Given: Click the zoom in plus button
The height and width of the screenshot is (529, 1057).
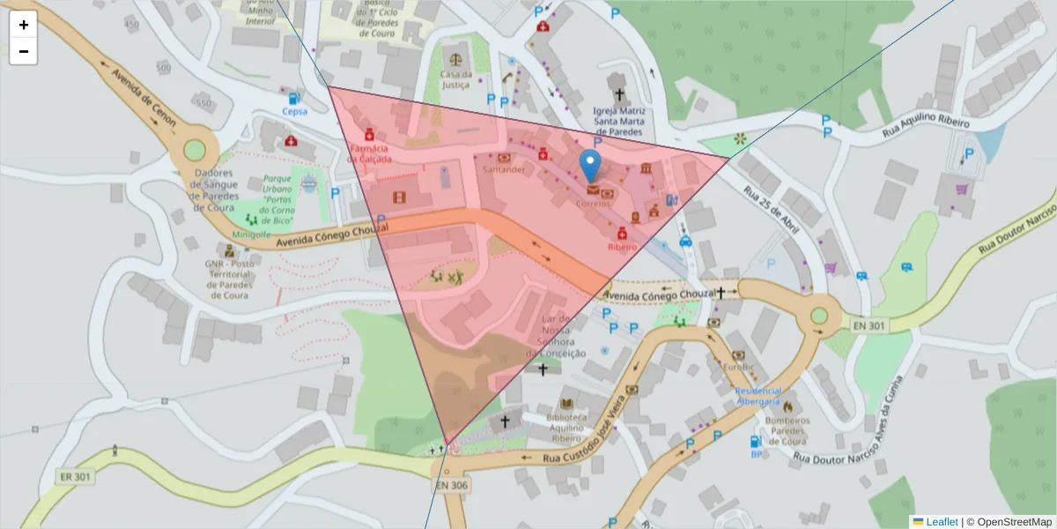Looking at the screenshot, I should [x=24, y=25].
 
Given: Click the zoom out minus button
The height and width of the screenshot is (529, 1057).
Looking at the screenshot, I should [x=24, y=51].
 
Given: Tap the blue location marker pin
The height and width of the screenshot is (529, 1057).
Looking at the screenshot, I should [x=591, y=165].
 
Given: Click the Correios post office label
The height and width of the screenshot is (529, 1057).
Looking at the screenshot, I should [x=592, y=203].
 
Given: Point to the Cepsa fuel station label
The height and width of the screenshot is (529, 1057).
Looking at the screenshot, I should [x=294, y=112].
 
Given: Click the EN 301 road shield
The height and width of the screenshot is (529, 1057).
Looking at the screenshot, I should [x=869, y=325].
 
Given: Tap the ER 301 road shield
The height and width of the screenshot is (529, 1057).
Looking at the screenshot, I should [x=76, y=477].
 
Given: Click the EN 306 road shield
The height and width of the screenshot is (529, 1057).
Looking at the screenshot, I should [x=451, y=485].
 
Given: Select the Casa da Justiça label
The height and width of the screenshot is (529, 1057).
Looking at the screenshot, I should [x=455, y=79].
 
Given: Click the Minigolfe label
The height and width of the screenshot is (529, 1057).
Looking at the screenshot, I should [x=251, y=235].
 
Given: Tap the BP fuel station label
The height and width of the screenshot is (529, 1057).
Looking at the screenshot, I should [x=756, y=454].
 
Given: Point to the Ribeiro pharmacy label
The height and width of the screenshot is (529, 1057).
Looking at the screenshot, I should [x=622, y=248].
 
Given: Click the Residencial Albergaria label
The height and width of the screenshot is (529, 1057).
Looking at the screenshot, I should [x=758, y=395].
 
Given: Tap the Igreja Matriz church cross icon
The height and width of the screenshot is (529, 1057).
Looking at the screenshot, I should [x=619, y=93].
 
